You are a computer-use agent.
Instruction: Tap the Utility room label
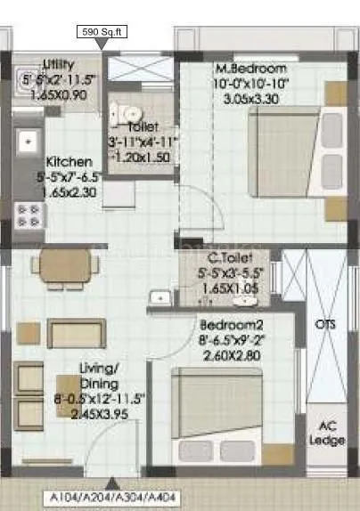pos(59,64)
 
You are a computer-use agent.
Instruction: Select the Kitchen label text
pos(68,162)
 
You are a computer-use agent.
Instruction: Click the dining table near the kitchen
pos(55,265)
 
